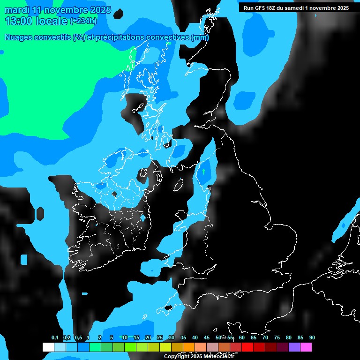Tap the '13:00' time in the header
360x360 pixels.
17,21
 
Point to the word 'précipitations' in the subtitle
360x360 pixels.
120,37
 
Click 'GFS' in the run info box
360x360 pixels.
259,8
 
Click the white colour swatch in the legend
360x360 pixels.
48,347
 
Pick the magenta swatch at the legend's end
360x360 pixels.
306,347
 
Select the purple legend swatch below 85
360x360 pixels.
294,347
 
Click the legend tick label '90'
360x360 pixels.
312,337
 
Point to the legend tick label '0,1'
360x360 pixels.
55,337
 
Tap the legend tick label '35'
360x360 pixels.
183,337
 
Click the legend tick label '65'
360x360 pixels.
253,337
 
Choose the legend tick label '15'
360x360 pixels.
136,337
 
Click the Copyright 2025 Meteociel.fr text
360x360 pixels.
199,356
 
